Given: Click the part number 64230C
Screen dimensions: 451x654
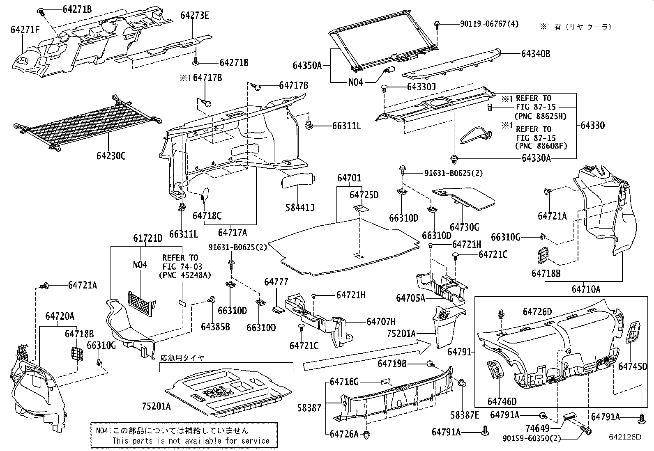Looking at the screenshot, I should pyautogui.click(x=111, y=156).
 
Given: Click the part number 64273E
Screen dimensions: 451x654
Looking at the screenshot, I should pyautogui.click(x=195, y=16).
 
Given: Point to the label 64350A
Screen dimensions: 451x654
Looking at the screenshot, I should pyautogui.click(x=307, y=65).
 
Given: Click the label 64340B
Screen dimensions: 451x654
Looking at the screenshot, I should pyautogui.click(x=536, y=54).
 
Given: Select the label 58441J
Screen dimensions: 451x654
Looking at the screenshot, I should pyautogui.click(x=300, y=207).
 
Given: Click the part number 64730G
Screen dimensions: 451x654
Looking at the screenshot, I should pyautogui.click(x=464, y=227).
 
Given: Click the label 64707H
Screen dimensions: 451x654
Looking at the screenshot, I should pyautogui.click(x=381, y=322).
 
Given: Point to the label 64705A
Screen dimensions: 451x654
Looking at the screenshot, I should pyautogui.click(x=410, y=298).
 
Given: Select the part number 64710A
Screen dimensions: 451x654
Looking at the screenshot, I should pyautogui.click(x=585, y=289).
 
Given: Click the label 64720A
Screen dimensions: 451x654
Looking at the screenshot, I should pyautogui.click(x=60, y=316).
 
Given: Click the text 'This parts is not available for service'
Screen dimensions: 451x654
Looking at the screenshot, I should pyautogui.click(x=191, y=441).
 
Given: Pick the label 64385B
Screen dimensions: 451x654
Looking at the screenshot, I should pyautogui.click(x=215, y=326).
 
